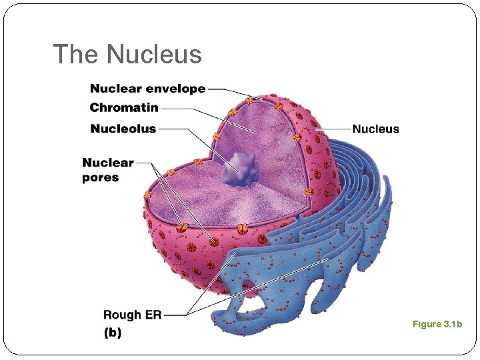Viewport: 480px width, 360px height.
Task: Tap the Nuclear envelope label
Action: point(147,89)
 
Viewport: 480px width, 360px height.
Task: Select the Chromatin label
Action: point(124,108)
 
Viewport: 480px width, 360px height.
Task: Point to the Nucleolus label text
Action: point(123,129)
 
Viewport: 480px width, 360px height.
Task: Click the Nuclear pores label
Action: point(108,170)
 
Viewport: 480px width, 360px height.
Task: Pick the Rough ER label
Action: point(132,315)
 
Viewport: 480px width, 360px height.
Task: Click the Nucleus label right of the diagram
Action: point(375,129)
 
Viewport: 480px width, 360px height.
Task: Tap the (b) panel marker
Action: point(113,333)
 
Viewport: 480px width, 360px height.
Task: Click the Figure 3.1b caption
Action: point(437,324)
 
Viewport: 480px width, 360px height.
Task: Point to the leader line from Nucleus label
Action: point(333,129)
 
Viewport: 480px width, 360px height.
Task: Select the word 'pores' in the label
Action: point(101,178)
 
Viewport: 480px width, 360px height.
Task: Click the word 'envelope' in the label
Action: point(176,89)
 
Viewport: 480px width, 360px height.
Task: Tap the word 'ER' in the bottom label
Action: point(153,315)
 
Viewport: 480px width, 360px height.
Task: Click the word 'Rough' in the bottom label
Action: point(122,315)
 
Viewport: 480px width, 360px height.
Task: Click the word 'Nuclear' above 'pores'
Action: point(108,163)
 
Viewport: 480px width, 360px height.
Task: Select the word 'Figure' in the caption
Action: point(427,324)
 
